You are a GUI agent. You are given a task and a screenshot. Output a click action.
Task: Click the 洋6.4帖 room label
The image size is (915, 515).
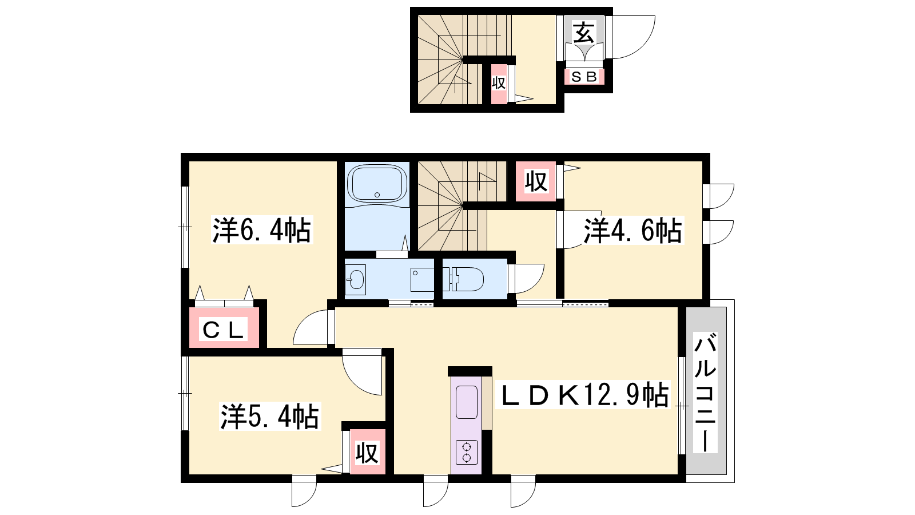click(x=262, y=230)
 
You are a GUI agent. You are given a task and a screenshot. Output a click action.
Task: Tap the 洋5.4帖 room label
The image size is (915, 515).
click(x=269, y=417)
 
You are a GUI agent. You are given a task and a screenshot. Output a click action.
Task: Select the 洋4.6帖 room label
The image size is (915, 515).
click(x=632, y=231)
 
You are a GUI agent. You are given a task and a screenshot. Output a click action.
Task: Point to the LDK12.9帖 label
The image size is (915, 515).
click(x=583, y=395)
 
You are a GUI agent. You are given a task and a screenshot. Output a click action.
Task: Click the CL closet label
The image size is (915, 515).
click(x=224, y=330)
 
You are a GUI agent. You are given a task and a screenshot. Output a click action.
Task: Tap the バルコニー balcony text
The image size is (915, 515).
click(x=706, y=393)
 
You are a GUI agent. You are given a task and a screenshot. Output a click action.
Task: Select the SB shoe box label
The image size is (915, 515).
click(x=584, y=77)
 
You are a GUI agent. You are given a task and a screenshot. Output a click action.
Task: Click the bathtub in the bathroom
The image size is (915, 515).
click(x=377, y=184)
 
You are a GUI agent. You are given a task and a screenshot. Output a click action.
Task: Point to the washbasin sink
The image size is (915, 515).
click(x=355, y=280)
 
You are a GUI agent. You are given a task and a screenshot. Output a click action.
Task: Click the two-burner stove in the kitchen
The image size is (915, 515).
click(x=467, y=452)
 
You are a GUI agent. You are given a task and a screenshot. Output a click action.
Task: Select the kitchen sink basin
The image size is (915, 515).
click(x=467, y=402)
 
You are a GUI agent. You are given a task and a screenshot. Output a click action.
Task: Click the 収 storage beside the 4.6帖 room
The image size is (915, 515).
click(x=535, y=181)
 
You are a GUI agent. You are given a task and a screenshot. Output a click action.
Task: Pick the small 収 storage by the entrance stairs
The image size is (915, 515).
click(x=498, y=83)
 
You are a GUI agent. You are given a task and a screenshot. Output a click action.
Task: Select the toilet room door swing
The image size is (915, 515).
click(x=535, y=284)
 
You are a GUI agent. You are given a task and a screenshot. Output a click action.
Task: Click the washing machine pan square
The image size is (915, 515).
click(x=422, y=280)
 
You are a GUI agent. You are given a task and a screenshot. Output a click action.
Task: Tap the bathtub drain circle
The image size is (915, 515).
click(x=377, y=195)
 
